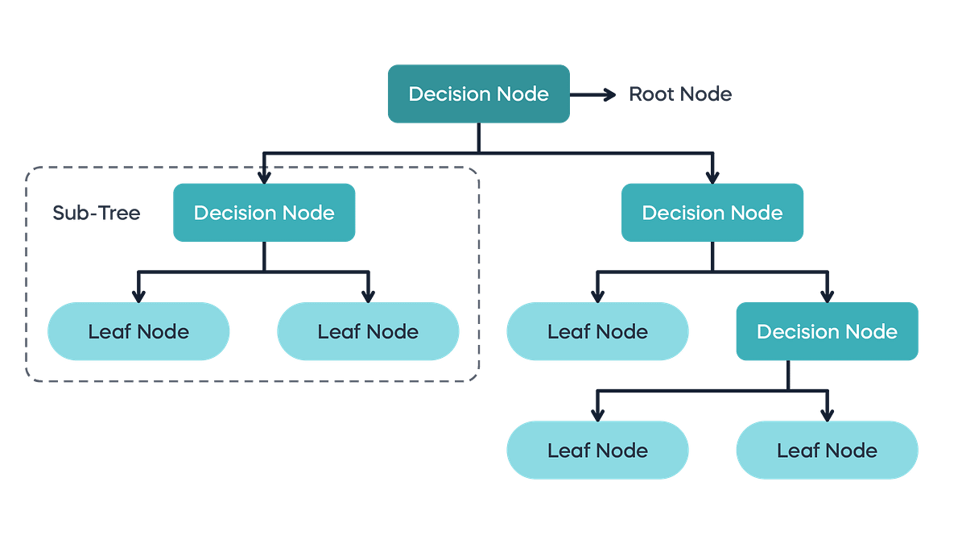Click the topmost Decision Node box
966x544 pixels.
coord(478,94)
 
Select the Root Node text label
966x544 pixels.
coord(680,94)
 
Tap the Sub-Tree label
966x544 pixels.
coord(97,213)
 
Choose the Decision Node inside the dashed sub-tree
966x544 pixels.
coord(264,213)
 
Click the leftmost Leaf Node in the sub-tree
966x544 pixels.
coord(138,331)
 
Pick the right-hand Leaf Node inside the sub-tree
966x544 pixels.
coord(368,331)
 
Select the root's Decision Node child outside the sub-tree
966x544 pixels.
coord(712,213)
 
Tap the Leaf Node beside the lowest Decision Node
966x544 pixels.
coord(597,331)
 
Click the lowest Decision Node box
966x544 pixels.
coord(827,331)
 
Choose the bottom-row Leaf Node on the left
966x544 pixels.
coord(597,451)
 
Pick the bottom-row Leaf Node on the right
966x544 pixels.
coord(827,451)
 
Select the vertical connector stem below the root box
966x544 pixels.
coord(478,137)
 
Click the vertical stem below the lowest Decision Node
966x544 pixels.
coord(789,375)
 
